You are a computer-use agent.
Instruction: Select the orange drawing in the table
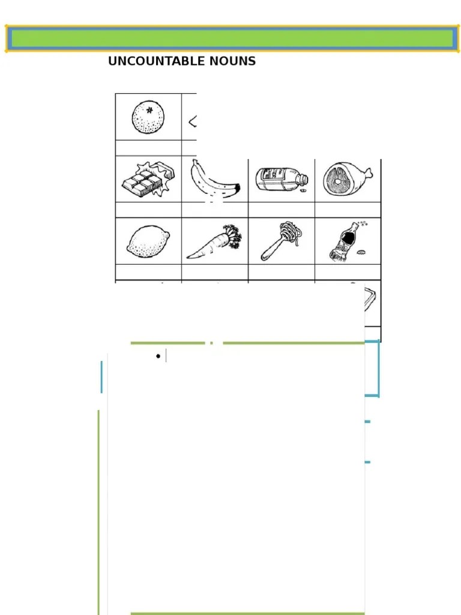tap(148, 117)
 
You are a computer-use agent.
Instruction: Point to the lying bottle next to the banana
tap(281, 179)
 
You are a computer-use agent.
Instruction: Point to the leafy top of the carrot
tap(232, 235)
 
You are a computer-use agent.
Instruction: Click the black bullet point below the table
tap(158, 356)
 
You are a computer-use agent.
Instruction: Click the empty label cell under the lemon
tap(148, 272)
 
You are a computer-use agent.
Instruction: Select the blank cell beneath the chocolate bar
tap(148, 210)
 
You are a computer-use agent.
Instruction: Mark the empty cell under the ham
tap(348, 210)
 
